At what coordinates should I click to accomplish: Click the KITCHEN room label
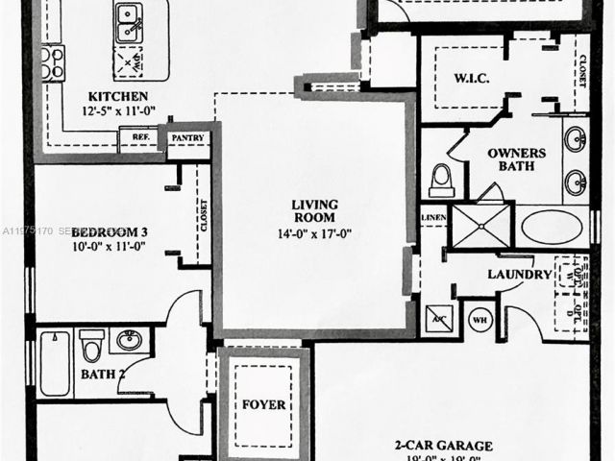pos(117,96)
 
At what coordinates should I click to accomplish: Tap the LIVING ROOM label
pos(312,210)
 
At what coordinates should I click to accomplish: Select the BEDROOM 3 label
pos(109,231)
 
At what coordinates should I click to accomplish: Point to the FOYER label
pos(263,404)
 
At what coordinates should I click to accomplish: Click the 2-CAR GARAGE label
pos(443,446)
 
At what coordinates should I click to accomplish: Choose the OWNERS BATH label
pos(516,160)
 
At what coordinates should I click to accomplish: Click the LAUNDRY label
pos(520,275)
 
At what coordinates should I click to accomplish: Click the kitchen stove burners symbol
pos(52,63)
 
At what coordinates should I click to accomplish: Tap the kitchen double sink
pos(128,22)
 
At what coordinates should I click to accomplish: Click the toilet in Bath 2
pos(92,346)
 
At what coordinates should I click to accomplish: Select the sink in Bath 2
pos(128,341)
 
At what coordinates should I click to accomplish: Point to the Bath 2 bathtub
pos(55,363)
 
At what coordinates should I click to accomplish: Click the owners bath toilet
pos(442,180)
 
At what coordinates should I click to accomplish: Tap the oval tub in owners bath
pos(551,229)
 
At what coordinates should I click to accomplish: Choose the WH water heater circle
pos(480,319)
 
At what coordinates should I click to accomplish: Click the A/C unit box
pos(438,319)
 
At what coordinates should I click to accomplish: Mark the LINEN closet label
pos(433,220)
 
